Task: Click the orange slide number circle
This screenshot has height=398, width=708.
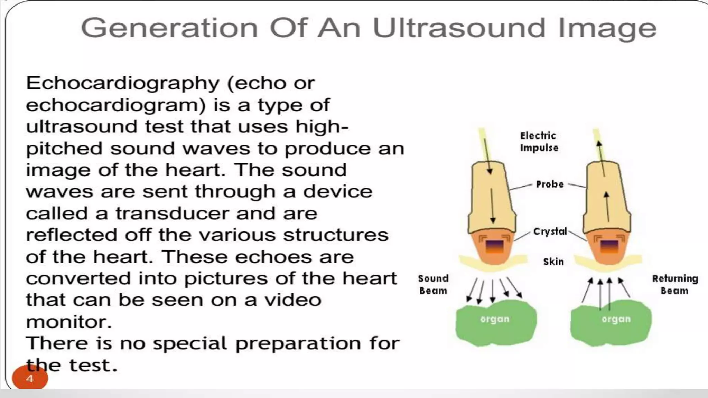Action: (x=30, y=378)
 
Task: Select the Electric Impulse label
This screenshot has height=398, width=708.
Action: (x=539, y=142)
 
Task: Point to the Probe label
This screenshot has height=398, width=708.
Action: (x=550, y=184)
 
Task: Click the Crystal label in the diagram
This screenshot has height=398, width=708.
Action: (x=550, y=231)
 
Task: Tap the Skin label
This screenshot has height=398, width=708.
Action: (x=553, y=262)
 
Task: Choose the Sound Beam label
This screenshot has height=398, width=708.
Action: (x=433, y=284)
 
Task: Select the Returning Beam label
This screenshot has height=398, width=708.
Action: (x=675, y=284)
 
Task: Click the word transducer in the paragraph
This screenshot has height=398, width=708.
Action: (x=172, y=214)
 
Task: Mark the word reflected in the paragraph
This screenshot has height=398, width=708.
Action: (x=71, y=235)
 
